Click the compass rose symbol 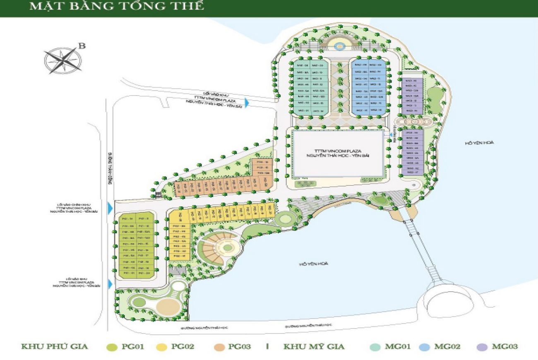pyautogui.click(x=63, y=60)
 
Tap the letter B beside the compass pyautogui.click(x=82, y=46)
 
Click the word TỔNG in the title pyautogui.click(x=124, y=7)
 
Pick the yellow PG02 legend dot pyautogui.click(x=161, y=347)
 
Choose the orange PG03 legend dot pyautogui.click(x=218, y=347)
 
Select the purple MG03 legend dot pyautogui.click(x=481, y=347)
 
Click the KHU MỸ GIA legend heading pyautogui.click(x=314, y=347)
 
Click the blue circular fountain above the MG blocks pyautogui.click(x=339, y=46)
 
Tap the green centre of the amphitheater pyautogui.click(x=227, y=248)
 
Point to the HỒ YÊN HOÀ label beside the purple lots pyautogui.click(x=480, y=143)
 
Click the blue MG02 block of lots pyautogui.click(x=370, y=88)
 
